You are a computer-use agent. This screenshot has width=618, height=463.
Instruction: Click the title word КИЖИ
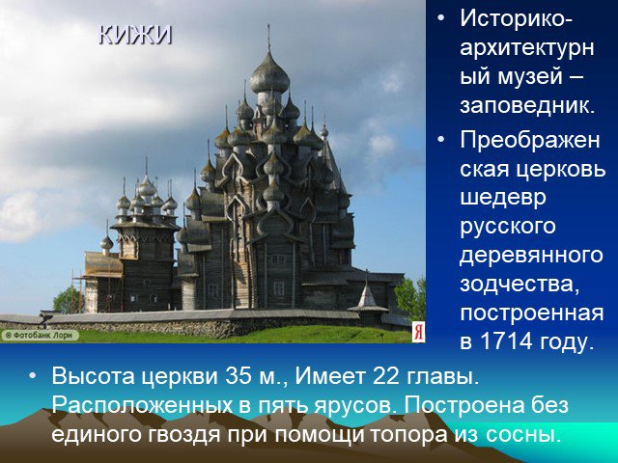(x=135, y=35)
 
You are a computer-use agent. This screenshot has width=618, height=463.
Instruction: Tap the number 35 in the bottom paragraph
(x=239, y=376)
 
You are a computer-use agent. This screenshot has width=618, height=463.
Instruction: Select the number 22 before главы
(x=385, y=376)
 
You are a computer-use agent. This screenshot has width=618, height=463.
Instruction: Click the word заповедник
(x=526, y=106)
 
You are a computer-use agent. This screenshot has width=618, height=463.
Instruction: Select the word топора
(x=408, y=435)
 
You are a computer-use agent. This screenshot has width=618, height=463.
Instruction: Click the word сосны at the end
(x=522, y=434)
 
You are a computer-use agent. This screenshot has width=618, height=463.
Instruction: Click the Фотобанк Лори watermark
(x=40, y=336)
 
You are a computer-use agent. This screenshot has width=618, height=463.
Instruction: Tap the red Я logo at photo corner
(x=418, y=332)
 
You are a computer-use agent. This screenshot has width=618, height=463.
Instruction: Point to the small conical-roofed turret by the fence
(x=367, y=298)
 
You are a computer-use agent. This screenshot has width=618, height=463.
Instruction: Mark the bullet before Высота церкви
(x=32, y=375)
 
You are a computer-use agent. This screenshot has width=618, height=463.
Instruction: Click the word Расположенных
(x=143, y=405)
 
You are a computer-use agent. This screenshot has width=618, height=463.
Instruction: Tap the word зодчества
(x=520, y=286)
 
